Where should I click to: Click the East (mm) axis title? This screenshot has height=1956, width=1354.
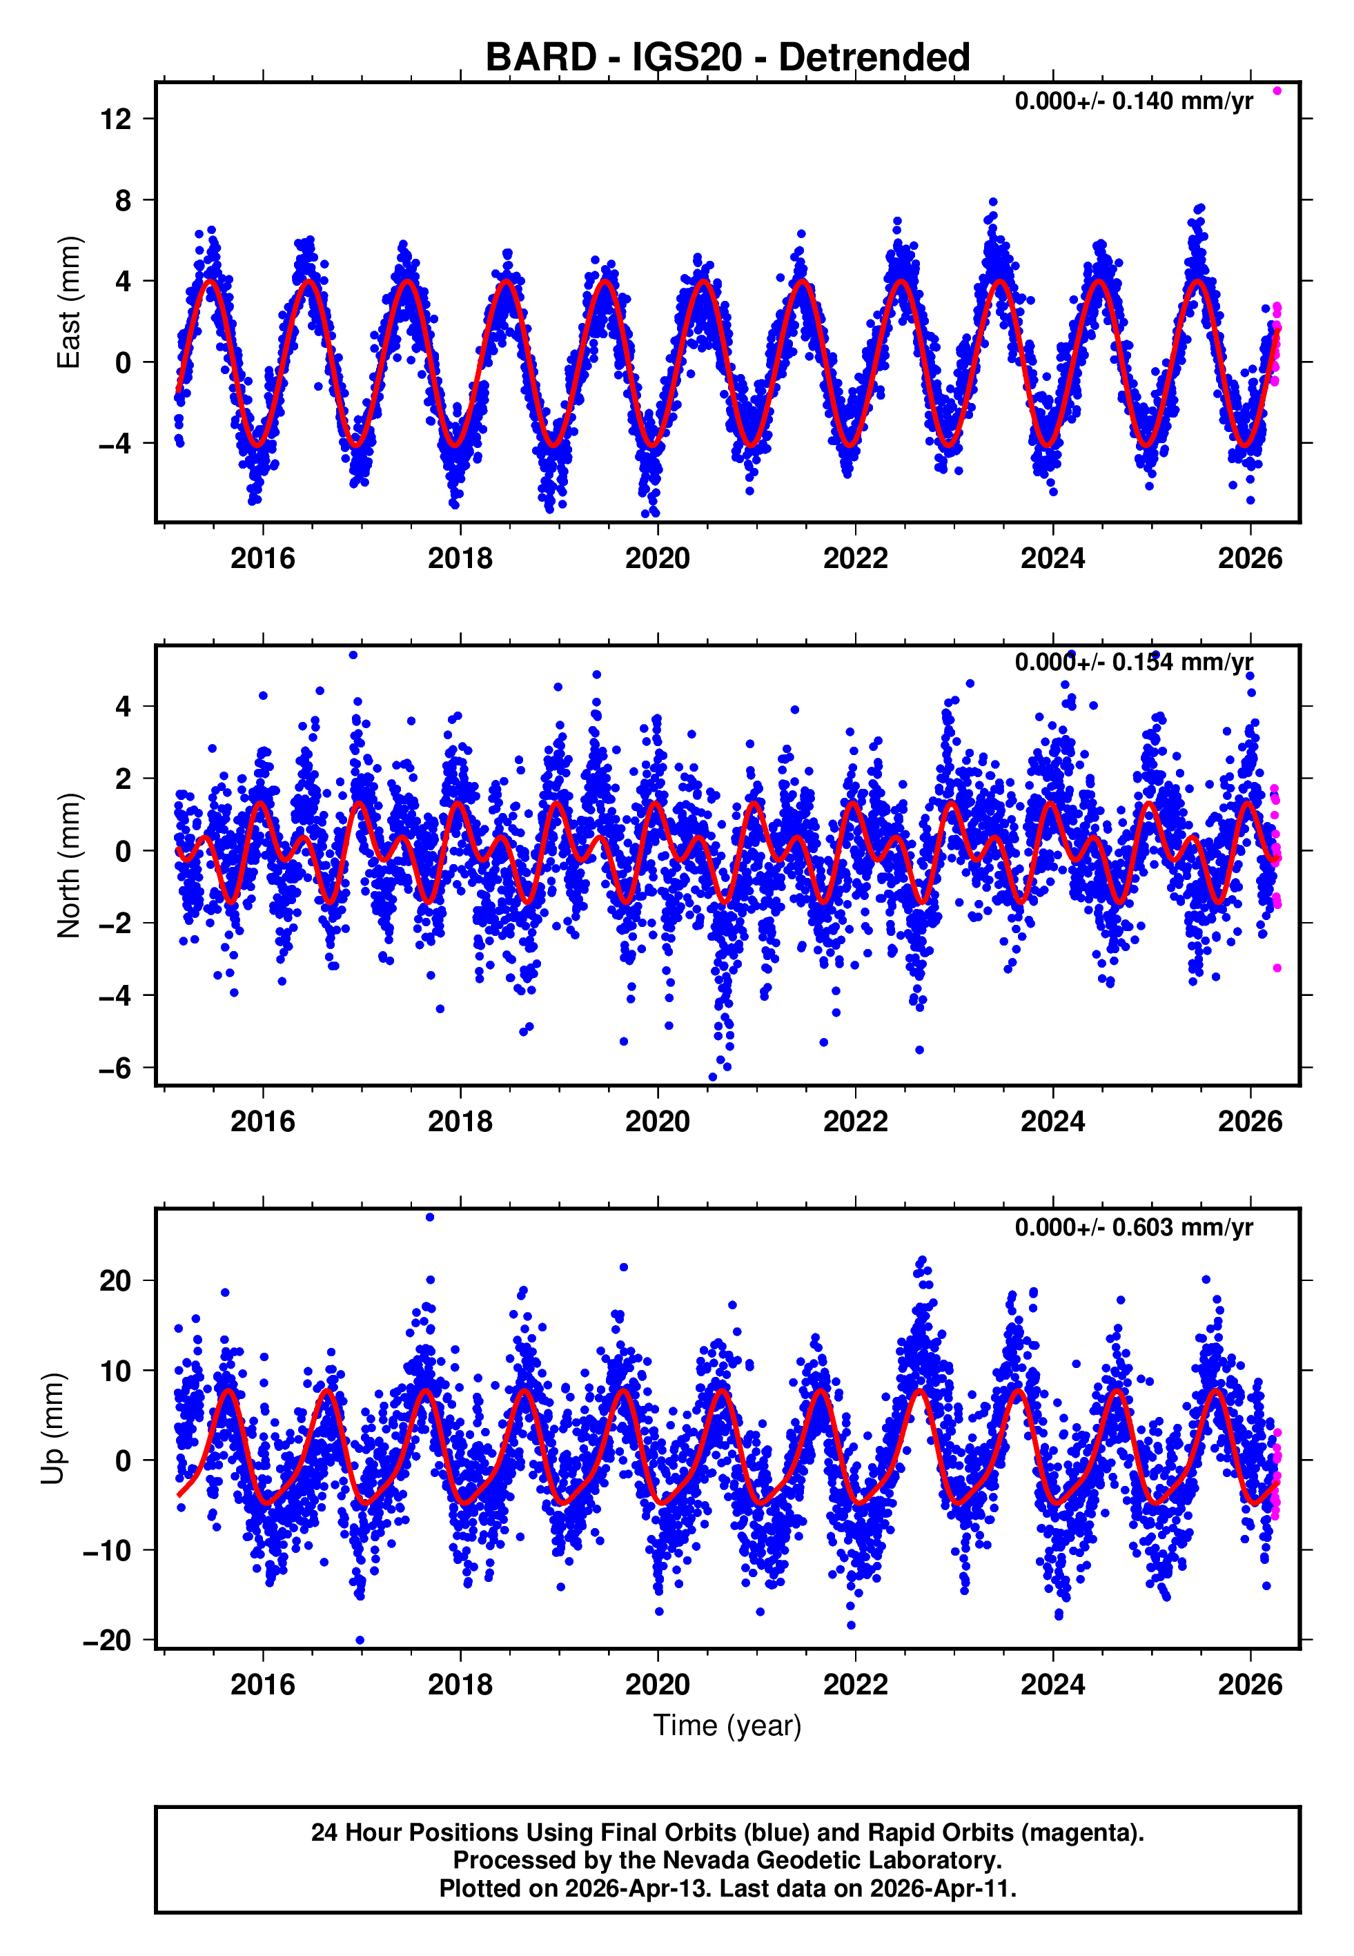pyautogui.click(x=68, y=303)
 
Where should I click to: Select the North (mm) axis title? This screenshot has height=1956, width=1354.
pyautogui.click(x=68, y=865)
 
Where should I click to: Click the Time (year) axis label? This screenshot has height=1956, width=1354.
pyautogui.click(x=727, y=1725)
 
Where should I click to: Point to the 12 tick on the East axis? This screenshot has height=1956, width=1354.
pyautogui.click(x=116, y=119)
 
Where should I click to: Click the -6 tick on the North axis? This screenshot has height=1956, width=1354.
pyautogui.click(x=116, y=1068)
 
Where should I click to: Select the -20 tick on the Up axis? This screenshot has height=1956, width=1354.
pyautogui.click(x=108, y=1641)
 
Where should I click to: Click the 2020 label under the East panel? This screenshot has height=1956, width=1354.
pyautogui.click(x=658, y=559)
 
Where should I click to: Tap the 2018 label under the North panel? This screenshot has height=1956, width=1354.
pyautogui.click(x=460, y=1122)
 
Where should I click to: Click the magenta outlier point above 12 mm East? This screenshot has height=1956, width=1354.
pyautogui.click(x=1277, y=90)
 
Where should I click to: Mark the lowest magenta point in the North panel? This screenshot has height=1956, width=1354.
pyautogui.click(x=1277, y=968)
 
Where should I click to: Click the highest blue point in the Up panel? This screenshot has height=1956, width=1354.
pyautogui.click(x=430, y=1217)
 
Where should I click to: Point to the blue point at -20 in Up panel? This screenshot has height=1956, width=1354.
pyautogui.click(x=360, y=1640)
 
